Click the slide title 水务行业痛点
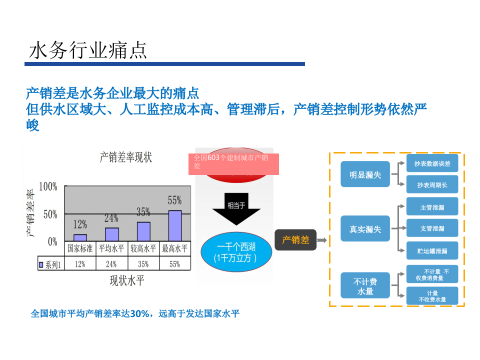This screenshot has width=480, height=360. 88,50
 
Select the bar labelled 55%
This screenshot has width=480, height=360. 174,225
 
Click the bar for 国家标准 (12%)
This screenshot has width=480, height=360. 80,237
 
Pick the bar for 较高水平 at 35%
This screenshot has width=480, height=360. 143,231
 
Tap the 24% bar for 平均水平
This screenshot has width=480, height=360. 111,234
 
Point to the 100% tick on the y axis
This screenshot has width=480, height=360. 48,187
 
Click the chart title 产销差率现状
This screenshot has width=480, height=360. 125,158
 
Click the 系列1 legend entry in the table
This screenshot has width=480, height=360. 50,264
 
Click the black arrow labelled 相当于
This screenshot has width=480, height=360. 236,208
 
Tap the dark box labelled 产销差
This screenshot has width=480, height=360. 295,240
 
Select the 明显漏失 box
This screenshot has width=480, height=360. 365,175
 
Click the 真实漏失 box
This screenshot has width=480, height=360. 365,229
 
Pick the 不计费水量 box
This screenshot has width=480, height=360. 365,286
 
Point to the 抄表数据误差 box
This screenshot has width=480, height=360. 432,163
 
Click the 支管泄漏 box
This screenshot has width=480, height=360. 432,228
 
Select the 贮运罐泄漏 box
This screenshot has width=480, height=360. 432,250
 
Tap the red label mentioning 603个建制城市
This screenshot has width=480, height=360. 233,162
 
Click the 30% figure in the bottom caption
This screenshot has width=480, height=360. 138,314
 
